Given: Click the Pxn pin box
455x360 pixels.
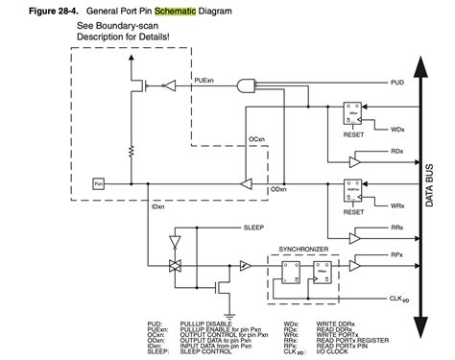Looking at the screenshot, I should pos(98,182).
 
